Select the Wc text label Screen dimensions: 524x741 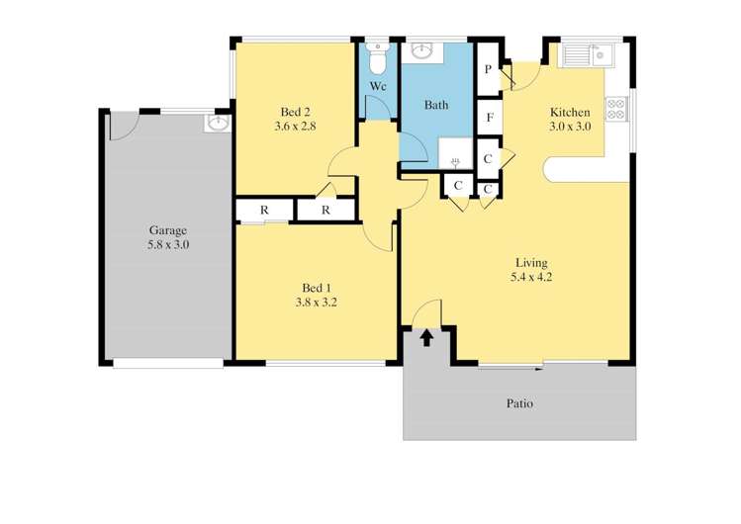(x=378, y=87)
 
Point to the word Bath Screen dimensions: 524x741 (x=436, y=105)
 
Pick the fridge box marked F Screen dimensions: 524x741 (x=489, y=118)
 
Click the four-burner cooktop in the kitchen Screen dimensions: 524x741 (x=615, y=108)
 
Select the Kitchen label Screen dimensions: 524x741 (x=570, y=112)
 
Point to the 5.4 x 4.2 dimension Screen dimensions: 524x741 (x=531, y=277)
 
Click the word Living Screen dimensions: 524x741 (x=531, y=263)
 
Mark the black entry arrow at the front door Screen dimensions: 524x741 (x=426, y=338)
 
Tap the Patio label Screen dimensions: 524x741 (x=520, y=403)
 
